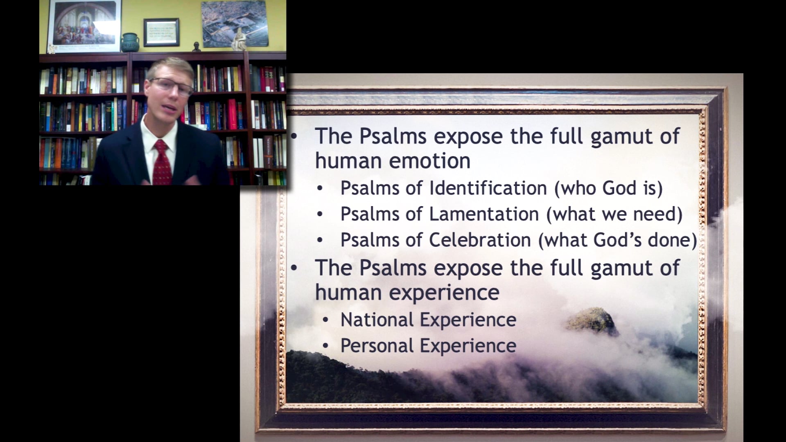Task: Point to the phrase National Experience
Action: (x=428, y=320)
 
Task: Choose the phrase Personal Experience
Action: (x=428, y=346)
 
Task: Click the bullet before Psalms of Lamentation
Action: (x=320, y=214)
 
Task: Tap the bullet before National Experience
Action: (x=325, y=320)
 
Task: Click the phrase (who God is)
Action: (x=608, y=188)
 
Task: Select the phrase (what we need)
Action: (x=614, y=214)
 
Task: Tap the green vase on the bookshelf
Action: (x=130, y=42)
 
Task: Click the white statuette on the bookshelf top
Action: (x=239, y=40)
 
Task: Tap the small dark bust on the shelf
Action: (x=196, y=46)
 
